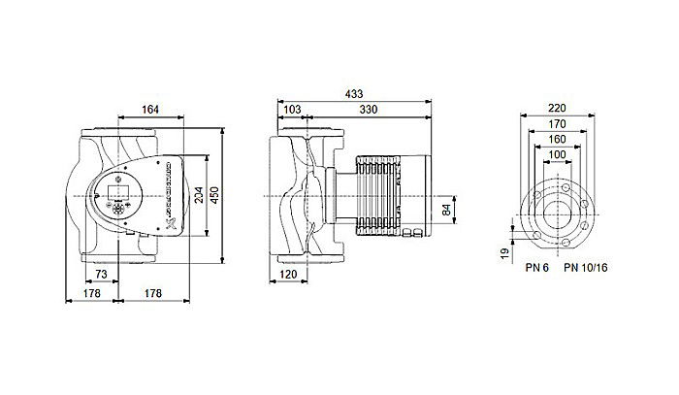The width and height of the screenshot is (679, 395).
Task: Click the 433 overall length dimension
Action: [x=355, y=95]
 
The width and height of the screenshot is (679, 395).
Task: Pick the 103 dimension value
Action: [x=292, y=111]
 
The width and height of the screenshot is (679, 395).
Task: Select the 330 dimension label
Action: [x=370, y=111]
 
